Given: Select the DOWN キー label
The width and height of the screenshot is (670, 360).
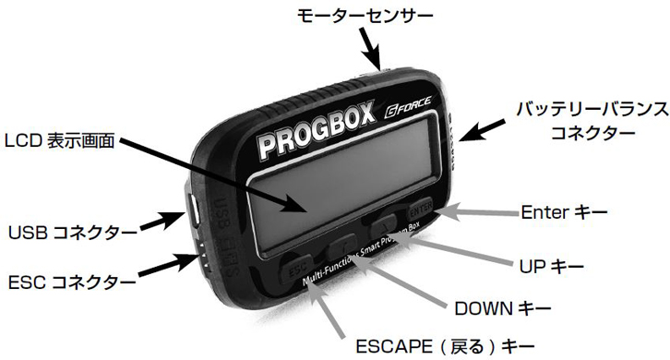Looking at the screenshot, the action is click(503, 306).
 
